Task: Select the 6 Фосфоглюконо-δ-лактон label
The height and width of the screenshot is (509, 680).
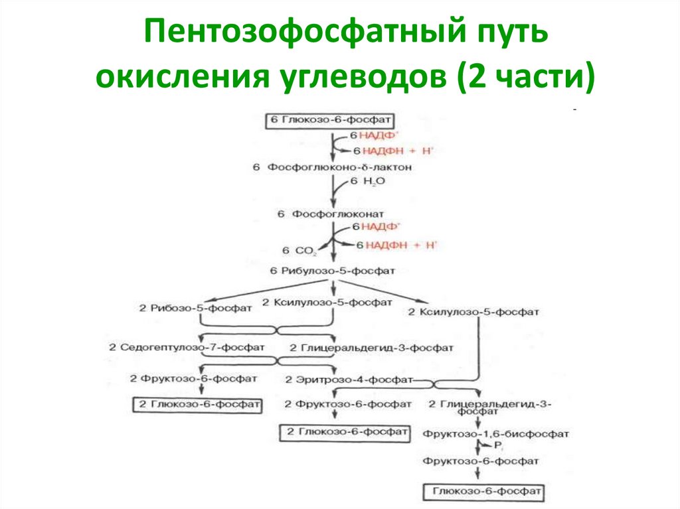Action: tap(331, 167)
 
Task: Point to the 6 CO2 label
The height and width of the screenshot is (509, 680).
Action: tap(299, 250)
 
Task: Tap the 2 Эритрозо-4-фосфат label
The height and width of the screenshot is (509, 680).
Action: tap(348, 380)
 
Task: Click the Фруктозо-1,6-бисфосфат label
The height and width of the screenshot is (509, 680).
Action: tap(495, 434)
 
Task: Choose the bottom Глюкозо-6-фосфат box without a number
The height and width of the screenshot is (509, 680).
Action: tap(483, 493)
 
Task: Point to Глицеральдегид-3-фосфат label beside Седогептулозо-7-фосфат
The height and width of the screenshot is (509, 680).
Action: tap(372, 348)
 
